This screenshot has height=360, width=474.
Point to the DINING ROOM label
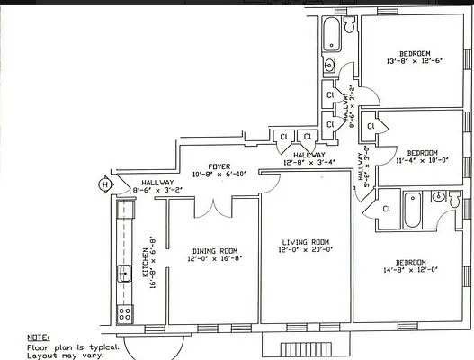point(214,251)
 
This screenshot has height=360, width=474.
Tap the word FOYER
point(219,166)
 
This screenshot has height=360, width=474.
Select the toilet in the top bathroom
point(329,65)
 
